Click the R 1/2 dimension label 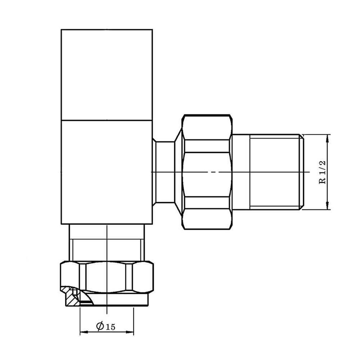click(323, 172)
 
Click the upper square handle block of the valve click(107, 74)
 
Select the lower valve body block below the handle click(107, 172)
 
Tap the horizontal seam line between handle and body click(107, 120)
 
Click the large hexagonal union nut click(206, 172)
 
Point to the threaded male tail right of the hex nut click(266, 172)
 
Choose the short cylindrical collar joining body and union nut click(164, 172)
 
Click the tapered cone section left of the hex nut click(178, 172)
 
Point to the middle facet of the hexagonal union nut click(206, 174)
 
